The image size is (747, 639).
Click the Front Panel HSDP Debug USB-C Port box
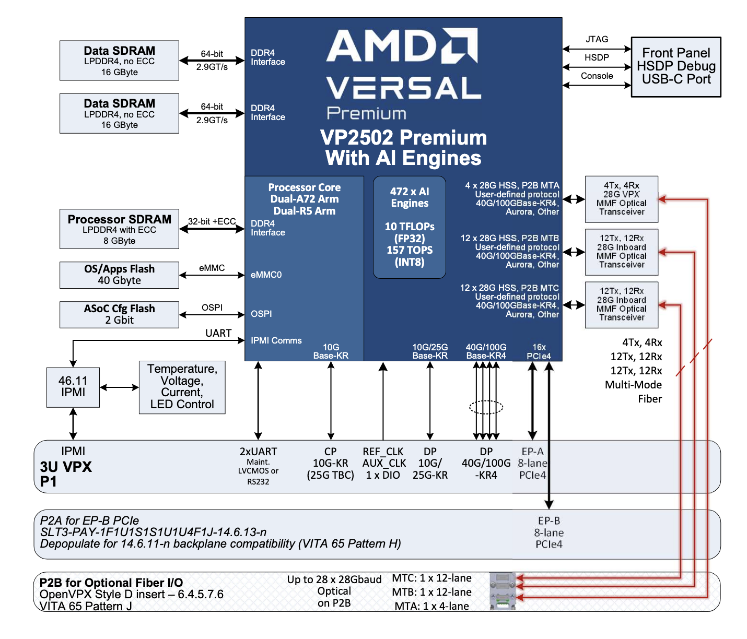click(676, 67)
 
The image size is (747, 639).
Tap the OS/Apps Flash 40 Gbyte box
click(119, 275)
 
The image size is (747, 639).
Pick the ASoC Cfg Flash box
click(119, 315)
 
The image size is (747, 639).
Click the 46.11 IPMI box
click(73, 387)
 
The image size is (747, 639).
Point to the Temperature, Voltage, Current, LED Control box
click(182, 387)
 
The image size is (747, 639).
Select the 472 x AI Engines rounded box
click(410, 227)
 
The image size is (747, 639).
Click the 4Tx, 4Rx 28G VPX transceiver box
click(622, 199)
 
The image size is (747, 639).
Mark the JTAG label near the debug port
click(597, 39)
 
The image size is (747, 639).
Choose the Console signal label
click(597, 76)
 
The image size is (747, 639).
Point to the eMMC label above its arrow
click(212, 268)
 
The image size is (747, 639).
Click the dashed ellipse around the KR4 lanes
click(486, 407)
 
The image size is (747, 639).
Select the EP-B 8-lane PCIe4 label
click(548, 532)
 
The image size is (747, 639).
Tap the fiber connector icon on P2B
click(503, 591)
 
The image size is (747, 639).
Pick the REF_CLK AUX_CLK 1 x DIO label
click(384, 463)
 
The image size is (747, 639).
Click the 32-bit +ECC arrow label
click(212, 221)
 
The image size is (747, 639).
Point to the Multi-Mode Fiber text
click(633, 392)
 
